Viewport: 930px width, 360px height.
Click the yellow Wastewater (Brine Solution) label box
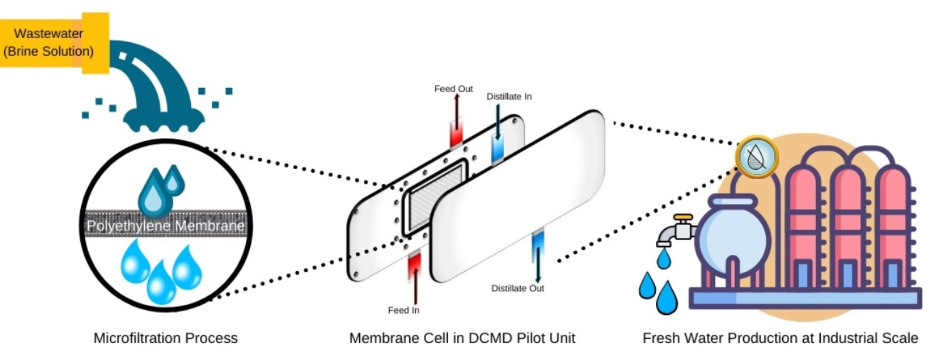50,42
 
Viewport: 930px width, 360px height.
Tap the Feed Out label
453,89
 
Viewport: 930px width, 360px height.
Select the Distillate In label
509,96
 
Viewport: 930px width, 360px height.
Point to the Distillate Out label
517,288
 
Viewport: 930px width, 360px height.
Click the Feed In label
403,310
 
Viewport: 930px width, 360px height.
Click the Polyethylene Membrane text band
166,226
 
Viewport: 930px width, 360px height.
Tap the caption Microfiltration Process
166,338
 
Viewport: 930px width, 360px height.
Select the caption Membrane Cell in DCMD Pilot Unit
462,338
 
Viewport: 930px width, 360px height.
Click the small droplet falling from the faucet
663,258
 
